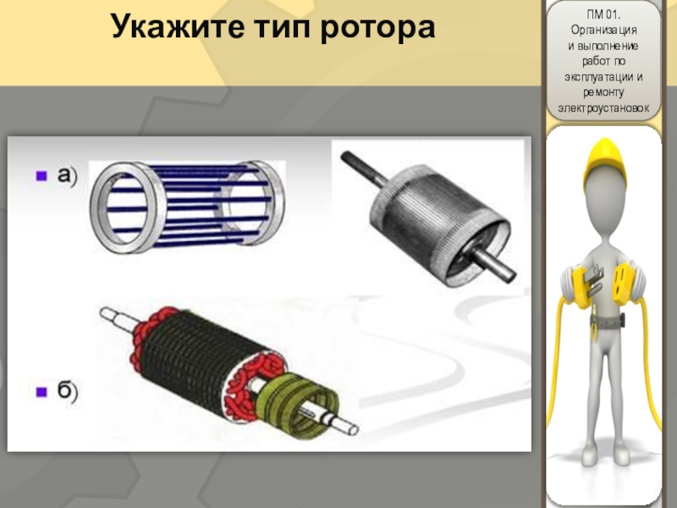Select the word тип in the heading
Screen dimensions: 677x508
coord(283,28)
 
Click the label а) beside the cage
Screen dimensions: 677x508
coord(68,176)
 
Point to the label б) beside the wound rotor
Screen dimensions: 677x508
coord(68,390)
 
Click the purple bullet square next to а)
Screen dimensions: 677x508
coord(41,176)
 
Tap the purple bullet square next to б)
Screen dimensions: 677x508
coord(41,392)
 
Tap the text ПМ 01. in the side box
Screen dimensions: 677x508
coord(603,14)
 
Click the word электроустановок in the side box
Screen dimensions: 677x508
coord(603,108)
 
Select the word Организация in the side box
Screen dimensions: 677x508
coord(603,30)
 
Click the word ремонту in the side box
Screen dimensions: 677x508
coord(603,92)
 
